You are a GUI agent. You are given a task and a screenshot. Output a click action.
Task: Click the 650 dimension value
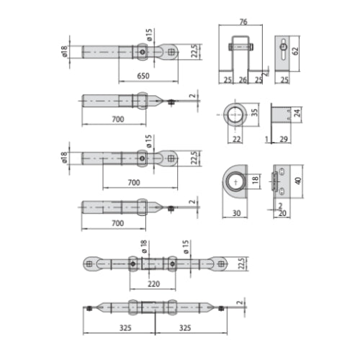(x=143, y=76)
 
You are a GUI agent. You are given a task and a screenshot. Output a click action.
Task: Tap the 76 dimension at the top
(x=243, y=22)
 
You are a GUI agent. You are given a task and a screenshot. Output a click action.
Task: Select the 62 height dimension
(x=296, y=51)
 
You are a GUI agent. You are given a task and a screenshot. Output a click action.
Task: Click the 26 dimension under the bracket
(x=243, y=80)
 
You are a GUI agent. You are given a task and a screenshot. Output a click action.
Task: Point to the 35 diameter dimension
(x=255, y=112)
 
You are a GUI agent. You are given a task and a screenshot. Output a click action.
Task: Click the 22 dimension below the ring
(x=236, y=139)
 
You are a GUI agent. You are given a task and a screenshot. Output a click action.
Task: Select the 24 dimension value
(x=297, y=112)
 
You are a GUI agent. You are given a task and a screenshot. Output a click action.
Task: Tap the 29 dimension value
(x=284, y=139)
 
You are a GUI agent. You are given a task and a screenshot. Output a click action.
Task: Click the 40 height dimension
(x=298, y=181)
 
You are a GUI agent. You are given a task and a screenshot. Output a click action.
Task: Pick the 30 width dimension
(x=236, y=213)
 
